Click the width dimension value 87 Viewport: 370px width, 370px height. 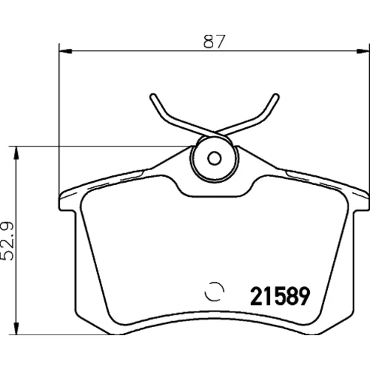click(x=214, y=41)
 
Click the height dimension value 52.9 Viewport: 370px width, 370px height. click(x=7, y=241)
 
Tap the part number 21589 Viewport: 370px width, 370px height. click(x=280, y=296)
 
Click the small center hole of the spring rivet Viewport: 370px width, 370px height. click(x=214, y=158)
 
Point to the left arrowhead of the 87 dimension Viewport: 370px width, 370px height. click(x=66, y=51)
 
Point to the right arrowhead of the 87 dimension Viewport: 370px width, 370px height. click(x=363, y=51)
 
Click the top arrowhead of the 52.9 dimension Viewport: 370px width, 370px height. click(x=16, y=152)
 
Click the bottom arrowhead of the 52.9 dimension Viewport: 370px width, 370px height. click(x=16, y=329)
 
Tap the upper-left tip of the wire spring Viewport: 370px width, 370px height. click(x=153, y=96)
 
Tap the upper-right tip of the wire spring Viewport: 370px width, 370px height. click(x=276, y=96)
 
